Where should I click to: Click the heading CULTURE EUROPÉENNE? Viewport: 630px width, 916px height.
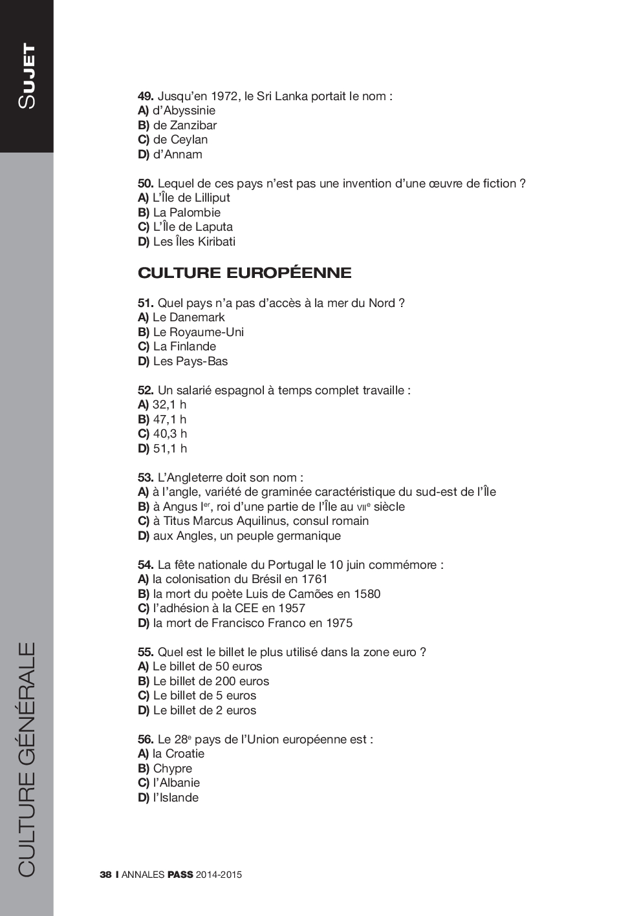pyautogui.click(x=244, y=273)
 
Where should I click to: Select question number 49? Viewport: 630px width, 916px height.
pyautogui.click(x=145, y=96)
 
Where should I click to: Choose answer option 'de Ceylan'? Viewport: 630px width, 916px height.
pyautogui.click(x=180, y=140)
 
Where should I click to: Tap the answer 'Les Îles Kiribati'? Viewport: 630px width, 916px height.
pyautogui.click(x=193, y=242)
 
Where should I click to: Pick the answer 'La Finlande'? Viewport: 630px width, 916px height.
pyautogui.click(x=184, y=346)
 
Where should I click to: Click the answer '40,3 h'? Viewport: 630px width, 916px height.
pyautogui.click(x=169, y=434)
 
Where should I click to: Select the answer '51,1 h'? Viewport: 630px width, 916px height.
pyautogui.click(x=169, y=449)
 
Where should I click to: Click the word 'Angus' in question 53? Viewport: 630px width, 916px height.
pyautogui.click(x=180, y=507)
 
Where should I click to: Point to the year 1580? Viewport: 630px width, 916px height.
pyautogui.click(x=367, y=594)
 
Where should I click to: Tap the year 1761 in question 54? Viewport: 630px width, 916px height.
pyautogui.click(x=314, y=579)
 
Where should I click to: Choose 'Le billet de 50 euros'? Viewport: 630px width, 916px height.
pyautogui.click(x=207, y=666)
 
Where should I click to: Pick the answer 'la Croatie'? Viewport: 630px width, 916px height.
pyautogui.click(x=178, y=754)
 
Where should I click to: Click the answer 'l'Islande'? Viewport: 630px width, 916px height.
pyautogui.click(x=175, y=798)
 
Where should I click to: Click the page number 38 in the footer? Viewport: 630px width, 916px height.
pyautogui.click(x=105, y=875)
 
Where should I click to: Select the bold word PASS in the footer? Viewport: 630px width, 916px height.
pyautogui.click(x=180, y=875)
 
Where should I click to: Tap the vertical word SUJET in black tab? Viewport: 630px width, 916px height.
pyautogui.click(x=27, y=76)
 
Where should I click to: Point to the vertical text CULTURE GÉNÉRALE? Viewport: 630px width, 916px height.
pyautogui.click(x=27, y=759)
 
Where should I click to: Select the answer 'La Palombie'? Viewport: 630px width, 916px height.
pyautogui.click(x=186, y=213)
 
